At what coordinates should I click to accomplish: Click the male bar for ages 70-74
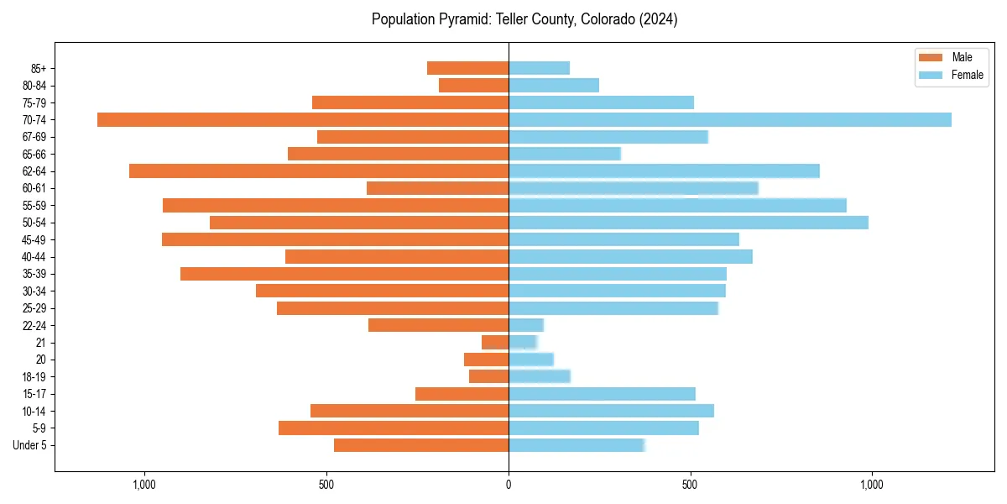(303, 119)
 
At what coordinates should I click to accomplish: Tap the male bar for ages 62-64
(319, 171)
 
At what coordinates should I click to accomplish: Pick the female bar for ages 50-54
(688, 223)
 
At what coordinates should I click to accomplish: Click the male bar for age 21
(495, 342)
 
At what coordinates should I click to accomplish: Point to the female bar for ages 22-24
(526, 325)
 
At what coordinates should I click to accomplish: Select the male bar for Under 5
(421, 445)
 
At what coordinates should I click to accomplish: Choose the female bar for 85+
(539, 68)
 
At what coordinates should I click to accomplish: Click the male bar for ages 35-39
(344, 274)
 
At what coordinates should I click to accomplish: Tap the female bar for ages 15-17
(602, 394)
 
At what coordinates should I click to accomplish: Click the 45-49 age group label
(33, 239)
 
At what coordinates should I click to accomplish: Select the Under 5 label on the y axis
(29, 445)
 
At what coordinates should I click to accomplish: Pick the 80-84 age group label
(33, 85)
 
